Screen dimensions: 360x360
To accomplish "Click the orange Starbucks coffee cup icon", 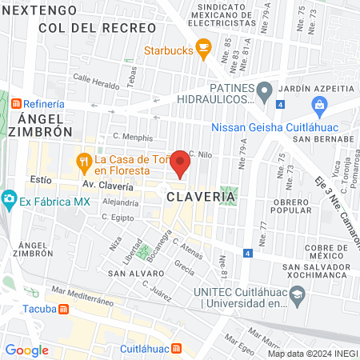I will [x=203, y=50].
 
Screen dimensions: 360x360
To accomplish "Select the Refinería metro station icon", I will [x=15, y=104].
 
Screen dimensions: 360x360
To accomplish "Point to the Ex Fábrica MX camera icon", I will [x=9, y=197].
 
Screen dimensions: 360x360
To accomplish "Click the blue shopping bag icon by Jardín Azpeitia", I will [x=319, y=104].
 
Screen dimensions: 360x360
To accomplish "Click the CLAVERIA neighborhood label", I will [x=201, y=196].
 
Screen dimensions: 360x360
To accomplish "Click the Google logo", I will [x=26, y=349].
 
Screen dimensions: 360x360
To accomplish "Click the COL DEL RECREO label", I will [x=97, y=27].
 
